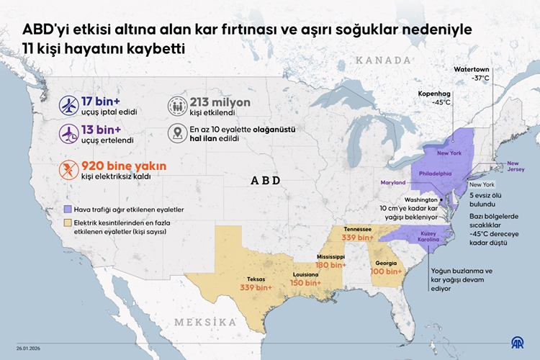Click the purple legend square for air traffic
click(67, 209)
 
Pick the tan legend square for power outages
click(67, 223)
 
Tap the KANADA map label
click(389, 60)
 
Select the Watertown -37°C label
click(472, 73)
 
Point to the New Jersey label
click(517, 167)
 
